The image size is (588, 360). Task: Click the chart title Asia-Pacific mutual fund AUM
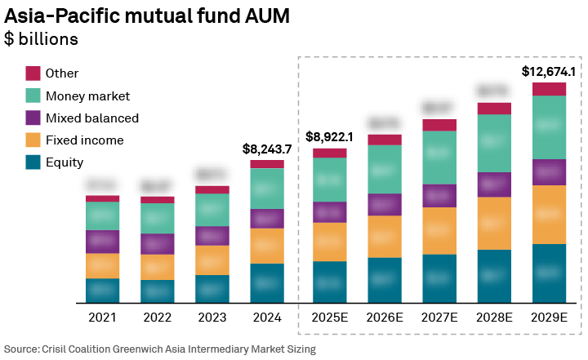(147, 16)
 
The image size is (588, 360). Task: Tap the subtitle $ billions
(42, 39)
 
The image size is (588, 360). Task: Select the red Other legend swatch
(33, 73)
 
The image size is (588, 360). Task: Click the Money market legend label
(87, 96)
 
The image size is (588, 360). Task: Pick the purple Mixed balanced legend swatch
(33, 118)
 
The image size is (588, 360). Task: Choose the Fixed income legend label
(84, 140)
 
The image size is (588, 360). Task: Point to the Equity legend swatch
(33, 162)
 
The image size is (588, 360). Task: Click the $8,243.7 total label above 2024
(267, 149)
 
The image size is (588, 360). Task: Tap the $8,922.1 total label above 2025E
(329, 137)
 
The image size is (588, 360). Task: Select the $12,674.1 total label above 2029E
(549, 72)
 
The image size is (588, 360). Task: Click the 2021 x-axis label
(102, 317)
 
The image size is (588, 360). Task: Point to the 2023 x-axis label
(212, 317)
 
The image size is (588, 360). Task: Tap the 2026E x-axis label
(384, 317)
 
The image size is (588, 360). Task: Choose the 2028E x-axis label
(494, 317)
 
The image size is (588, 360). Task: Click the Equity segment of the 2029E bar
(549, 273)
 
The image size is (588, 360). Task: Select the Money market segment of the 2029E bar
(549, 127)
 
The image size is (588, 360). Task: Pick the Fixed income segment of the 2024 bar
(267, 246)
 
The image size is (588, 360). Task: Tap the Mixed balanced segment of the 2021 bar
(102, 242)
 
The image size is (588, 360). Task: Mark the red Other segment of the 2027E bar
(439, 125)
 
